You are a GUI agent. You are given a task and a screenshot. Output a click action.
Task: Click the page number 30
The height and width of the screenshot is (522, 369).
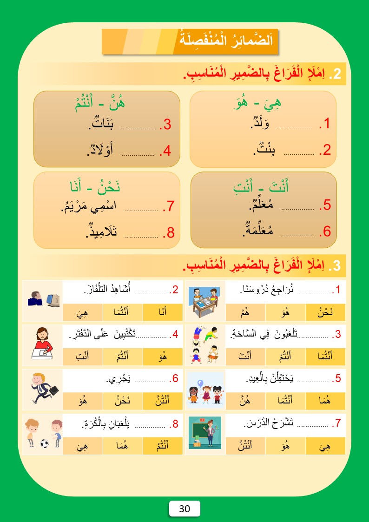[x=184, y=509]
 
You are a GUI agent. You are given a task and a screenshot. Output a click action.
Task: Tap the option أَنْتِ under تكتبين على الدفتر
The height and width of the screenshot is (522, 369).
[x=83, y=357]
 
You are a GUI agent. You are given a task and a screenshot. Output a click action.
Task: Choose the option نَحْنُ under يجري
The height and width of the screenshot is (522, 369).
[x=123, y=400]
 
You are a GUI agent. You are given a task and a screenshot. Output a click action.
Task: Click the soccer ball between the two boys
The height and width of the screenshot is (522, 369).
[x=45, y=443]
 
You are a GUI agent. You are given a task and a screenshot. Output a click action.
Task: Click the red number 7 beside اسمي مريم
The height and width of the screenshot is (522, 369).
[x=170, y=206]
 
